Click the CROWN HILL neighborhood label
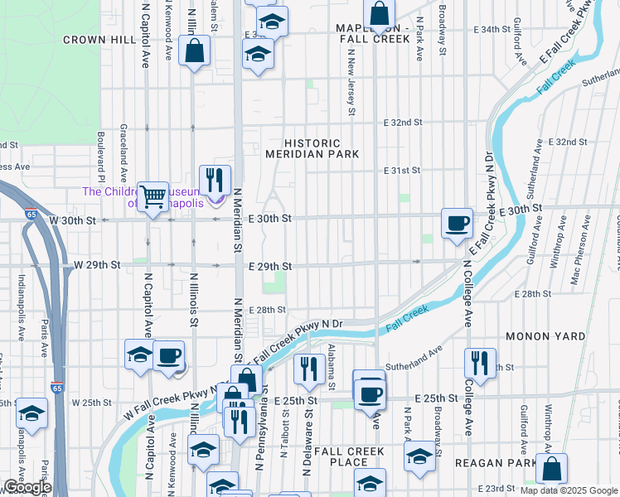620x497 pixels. point(99,39)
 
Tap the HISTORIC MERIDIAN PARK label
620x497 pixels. point(312,148)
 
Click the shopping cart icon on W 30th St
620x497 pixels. point(153,197)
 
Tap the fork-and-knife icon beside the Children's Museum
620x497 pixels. point(215,180)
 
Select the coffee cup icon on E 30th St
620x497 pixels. point(457,224)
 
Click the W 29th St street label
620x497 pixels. point(97,264)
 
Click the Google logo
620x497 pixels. point(27,487)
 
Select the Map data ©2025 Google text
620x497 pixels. point(568,490)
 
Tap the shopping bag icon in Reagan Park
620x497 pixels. point(551,469)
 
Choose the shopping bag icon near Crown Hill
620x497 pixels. point(193,51)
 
